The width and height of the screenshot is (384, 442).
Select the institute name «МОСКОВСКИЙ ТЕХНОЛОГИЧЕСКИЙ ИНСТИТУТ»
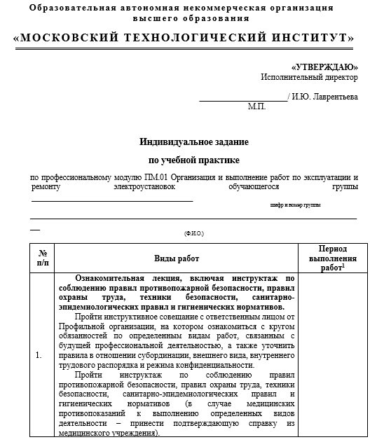pos(184,38)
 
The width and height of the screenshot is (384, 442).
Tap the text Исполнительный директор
pos(309,77)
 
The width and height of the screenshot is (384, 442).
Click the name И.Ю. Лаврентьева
pos(324,97)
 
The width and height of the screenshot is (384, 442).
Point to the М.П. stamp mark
pos(256,107)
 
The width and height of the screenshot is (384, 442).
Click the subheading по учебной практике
pos(193,160)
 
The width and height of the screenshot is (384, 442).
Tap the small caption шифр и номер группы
pos(294,205)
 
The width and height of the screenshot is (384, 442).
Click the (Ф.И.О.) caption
pos(193,233)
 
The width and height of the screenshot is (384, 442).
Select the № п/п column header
pos(42,258)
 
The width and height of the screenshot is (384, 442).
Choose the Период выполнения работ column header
pos(332,258)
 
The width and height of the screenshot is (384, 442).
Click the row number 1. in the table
pos(39,355)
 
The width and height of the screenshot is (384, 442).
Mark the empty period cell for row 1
pos(332,355)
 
